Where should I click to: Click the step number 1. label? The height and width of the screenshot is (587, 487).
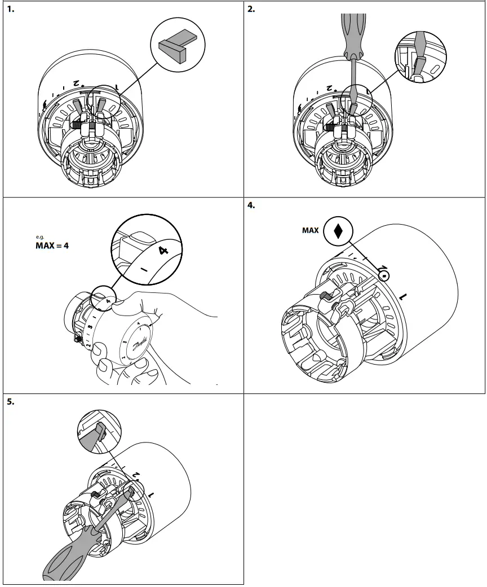tap(10, 10)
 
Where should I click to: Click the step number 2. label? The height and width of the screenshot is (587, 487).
tap(251, 10)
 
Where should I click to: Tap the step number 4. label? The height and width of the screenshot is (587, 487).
tap(251, 206)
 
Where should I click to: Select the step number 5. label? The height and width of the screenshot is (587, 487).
tap(10, 403)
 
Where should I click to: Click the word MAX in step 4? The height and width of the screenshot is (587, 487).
tap(310, 230)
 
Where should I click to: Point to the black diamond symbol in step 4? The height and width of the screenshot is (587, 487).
tap(338, 231)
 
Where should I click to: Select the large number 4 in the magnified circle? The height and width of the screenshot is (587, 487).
tap(163, 250)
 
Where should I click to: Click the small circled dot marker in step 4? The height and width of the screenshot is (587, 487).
tap(384, 276)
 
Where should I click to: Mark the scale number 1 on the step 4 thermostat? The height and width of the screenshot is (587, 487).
tap(402, 296)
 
